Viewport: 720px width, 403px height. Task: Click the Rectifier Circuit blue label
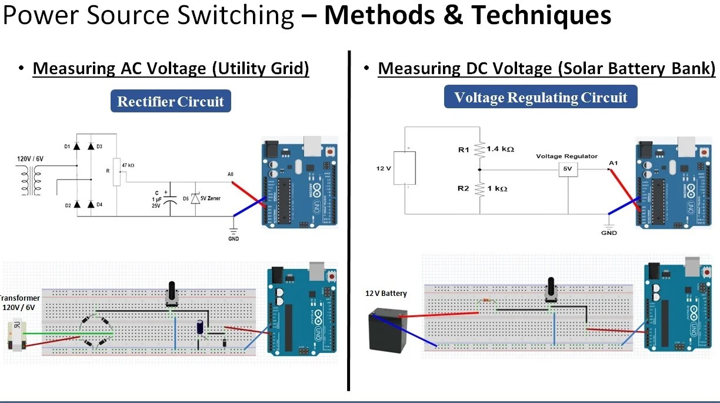(x=171, y=101)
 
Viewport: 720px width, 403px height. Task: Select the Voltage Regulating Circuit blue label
(x=540, y=97)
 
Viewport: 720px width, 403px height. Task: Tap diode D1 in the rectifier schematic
(x=76, y=146)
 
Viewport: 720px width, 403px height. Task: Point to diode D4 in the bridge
(x=91, y=204)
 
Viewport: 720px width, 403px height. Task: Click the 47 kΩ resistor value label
(x=128, y=165)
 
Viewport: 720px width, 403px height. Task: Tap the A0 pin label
(x=230, y=174)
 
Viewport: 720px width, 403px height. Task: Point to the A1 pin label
(x=613, y=162)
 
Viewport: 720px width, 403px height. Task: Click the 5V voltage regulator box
(x=568, y=169)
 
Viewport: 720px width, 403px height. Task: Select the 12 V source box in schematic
(x=404, y=168)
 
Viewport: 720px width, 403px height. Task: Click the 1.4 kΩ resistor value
(x=500, y=149)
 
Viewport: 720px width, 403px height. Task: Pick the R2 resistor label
(x=463, y=189)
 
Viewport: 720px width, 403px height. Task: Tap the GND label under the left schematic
(x=234, y=239)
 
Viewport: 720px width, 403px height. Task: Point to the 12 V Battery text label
(x=386, y=294)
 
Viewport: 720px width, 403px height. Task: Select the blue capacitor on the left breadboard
(x=201, y=328)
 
